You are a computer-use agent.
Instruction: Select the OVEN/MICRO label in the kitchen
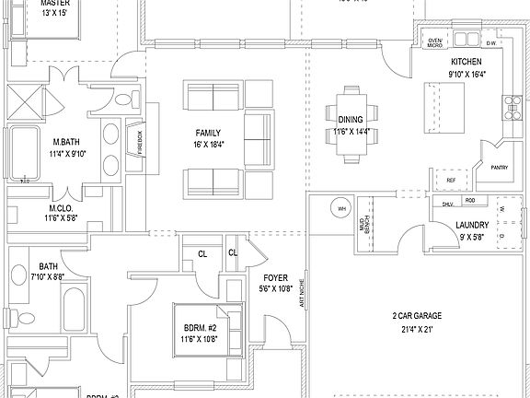click(x=436, y=42)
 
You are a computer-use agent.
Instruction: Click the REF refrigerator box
click(x=451, y=181)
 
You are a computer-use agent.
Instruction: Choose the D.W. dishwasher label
click(x=491, y=42)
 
